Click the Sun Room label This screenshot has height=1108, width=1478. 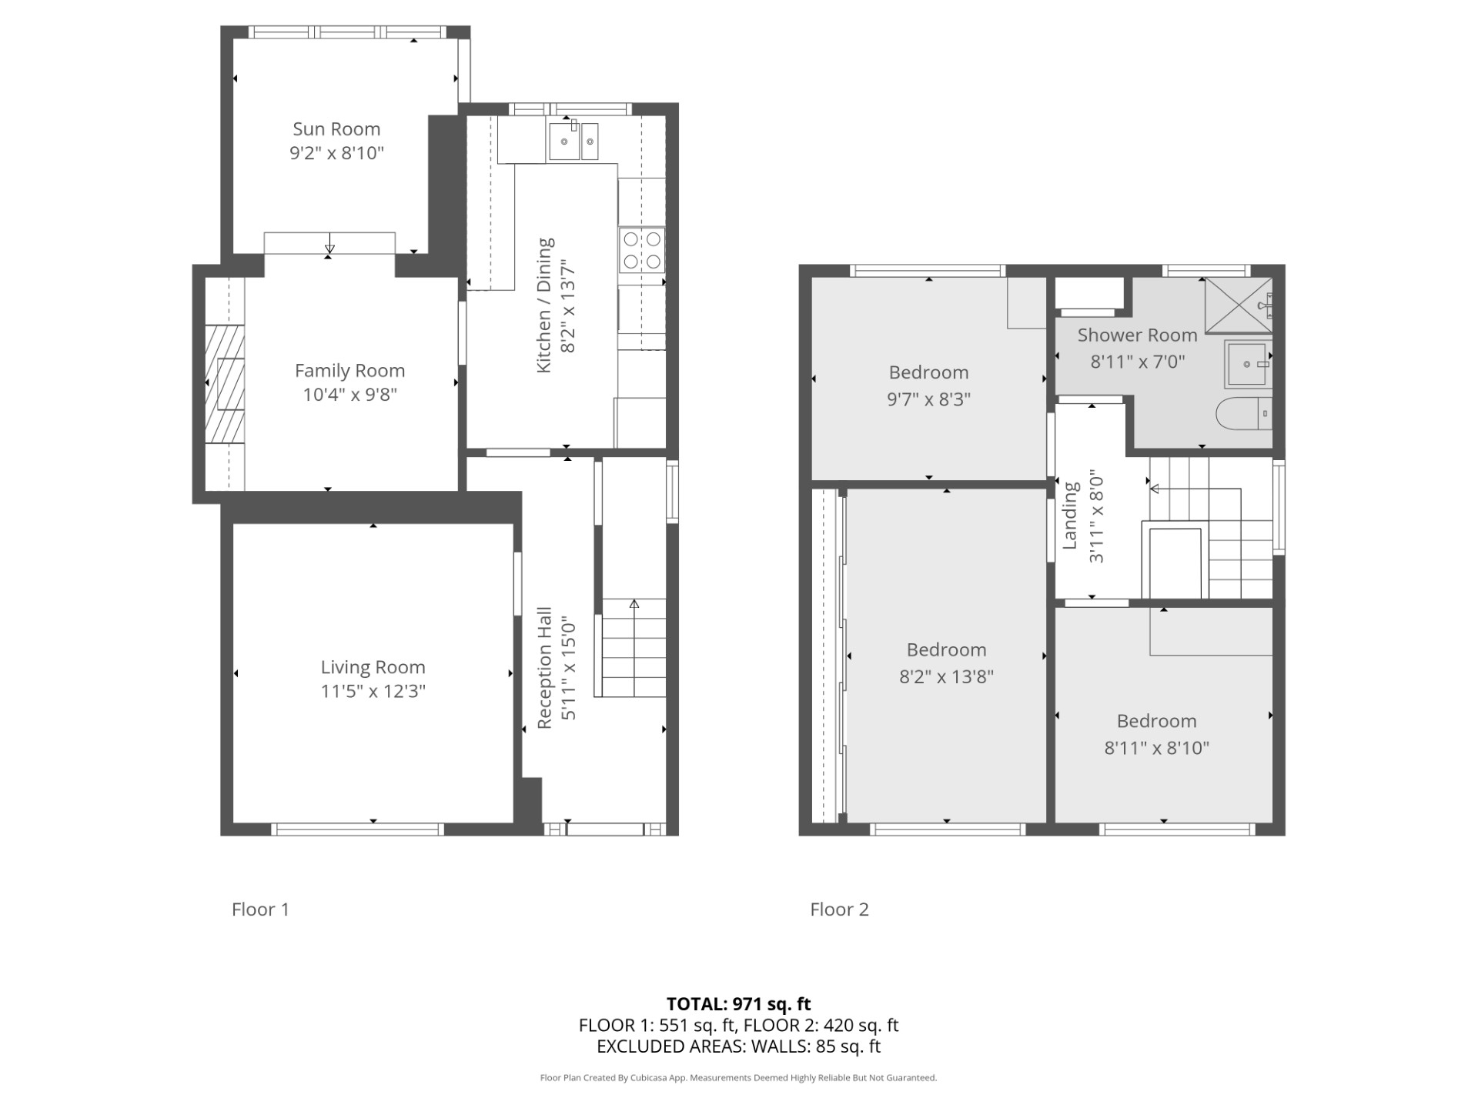[x=336, y=128]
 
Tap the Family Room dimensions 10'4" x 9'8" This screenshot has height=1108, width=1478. [x=350, y=395]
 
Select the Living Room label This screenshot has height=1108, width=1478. [x=373, y=667]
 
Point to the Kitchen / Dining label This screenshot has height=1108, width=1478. [x=544, y=305]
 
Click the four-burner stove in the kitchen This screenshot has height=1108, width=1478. [x=642, y=250]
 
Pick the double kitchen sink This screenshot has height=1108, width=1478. [x=573, y=141]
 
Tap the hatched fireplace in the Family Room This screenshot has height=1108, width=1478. [x=225, y=384]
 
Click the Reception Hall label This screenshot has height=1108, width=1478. [x=544, y=668]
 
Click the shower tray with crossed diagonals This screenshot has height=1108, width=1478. [x=1239, y=305]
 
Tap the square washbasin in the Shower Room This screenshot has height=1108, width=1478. [x=1248, y=364]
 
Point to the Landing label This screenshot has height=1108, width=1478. [x=1070, y=516]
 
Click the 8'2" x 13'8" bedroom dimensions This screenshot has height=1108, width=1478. [x=947, y=677]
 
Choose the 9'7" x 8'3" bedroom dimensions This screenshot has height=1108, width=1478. [x=929, y=399]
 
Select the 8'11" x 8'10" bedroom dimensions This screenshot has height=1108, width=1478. [x=1157, y=748]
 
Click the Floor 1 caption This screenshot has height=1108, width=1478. [x=260, y=909]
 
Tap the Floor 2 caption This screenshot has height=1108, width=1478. [x=839, y=909]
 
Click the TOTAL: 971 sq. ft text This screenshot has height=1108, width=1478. [x=739, y=1004]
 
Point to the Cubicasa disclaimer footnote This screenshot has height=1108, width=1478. [x=739, y=1078]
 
